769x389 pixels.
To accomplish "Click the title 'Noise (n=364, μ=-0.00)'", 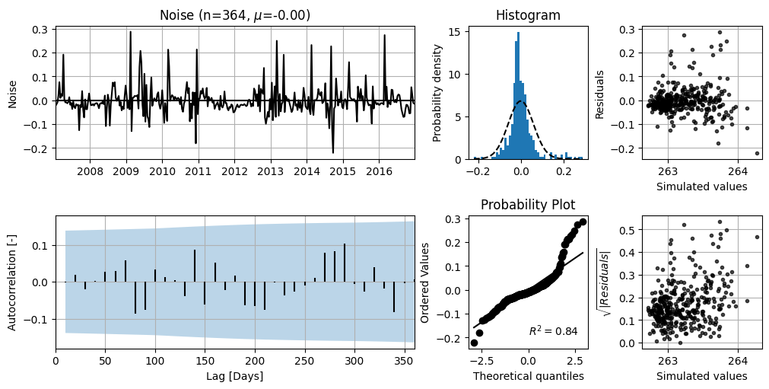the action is [x=235, y=15].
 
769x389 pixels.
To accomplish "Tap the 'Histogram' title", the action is [x=528, y=15].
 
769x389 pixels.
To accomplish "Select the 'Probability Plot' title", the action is [x=528, y=204].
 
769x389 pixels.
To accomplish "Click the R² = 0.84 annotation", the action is [x=553, y=331].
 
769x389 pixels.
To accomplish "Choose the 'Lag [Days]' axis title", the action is [x=235, y=376].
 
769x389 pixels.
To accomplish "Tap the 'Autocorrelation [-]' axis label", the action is [x=12, y=282].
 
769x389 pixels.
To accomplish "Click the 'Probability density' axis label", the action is [x=437, y=93].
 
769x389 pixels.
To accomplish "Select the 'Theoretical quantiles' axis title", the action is [x=528, y=376].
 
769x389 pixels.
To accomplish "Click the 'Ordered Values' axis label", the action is [x=424, y=282].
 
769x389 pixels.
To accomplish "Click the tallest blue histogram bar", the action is [x=518, y=96].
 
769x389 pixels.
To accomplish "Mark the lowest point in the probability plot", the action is [x=474, y=343].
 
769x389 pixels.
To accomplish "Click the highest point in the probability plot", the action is [x=583, y=222].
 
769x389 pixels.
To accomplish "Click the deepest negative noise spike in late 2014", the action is [x=333, y=152].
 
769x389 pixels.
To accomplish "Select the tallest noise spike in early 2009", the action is [x=131, y=33].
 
